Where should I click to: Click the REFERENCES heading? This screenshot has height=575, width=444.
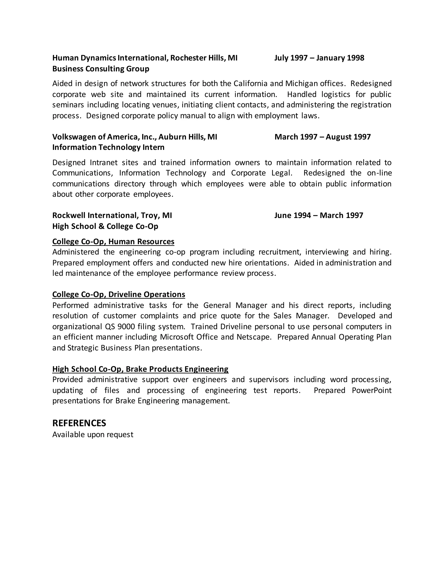pos(79,423)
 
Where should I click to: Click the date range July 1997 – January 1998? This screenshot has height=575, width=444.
pos(319,58)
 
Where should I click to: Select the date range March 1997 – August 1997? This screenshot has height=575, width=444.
pos(322,137)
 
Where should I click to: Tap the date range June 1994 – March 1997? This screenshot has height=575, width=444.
pos(318,215)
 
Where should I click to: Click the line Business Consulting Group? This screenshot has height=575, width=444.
pos(101,69)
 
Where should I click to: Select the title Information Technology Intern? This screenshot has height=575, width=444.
pos(108,147)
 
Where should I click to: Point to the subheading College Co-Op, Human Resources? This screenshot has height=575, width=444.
pos(113,241)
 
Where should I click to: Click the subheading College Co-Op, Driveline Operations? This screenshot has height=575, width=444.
pos(119,294)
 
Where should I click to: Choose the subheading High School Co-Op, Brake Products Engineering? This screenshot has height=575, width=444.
pos(140,369)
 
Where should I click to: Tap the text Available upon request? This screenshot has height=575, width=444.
pos(93,434)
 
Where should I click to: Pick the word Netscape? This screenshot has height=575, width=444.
pos(254,337)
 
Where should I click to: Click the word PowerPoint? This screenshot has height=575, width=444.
pos(371,390)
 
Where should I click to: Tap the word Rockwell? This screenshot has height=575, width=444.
pos(69,215)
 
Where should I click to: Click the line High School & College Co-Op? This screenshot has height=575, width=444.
pos(105,226)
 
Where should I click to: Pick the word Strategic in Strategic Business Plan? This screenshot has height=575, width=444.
pos(83,348)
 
